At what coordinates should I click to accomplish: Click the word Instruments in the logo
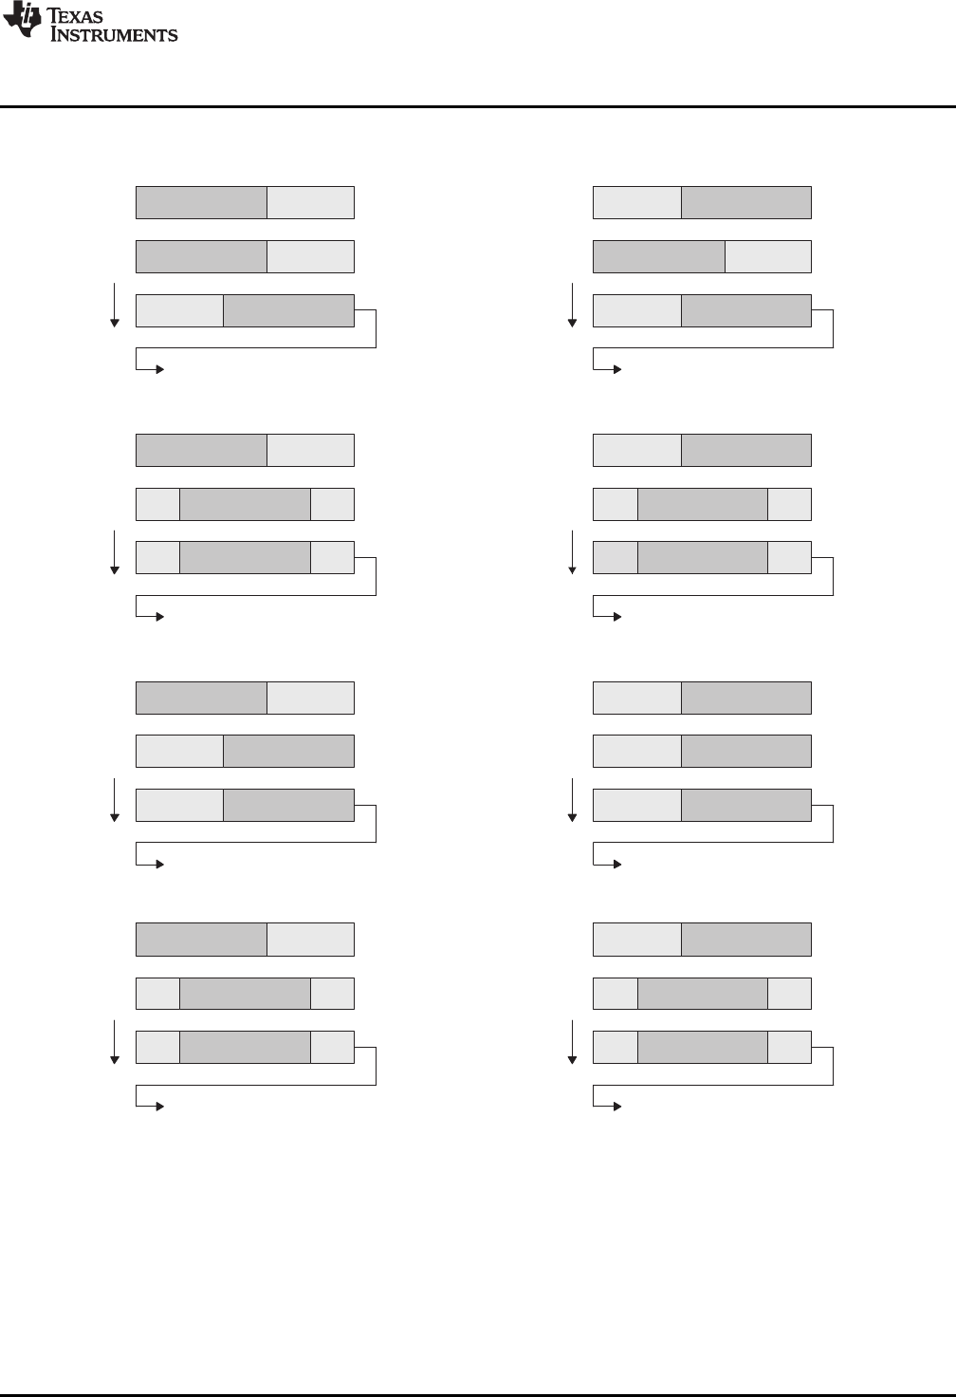(x=114, y=35)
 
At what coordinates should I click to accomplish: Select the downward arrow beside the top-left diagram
(x=115, y=304)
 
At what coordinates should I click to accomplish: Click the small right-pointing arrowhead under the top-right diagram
(x=616, y=369)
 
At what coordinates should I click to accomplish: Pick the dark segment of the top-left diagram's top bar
(x=201, y=203)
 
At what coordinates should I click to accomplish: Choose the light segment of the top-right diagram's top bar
(x=636, y=203)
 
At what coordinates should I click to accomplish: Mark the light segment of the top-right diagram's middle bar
(x=768, y=257)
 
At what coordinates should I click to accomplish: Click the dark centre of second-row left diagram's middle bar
(x=245, y=504)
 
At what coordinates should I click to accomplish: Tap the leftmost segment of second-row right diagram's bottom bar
(x=615, y=558)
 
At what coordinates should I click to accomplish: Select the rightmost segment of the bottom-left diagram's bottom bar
(x=332, y=1047)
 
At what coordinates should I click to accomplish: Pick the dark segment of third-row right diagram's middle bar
(x=746, y=751)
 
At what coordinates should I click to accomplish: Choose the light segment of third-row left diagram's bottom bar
(x=180, y=805)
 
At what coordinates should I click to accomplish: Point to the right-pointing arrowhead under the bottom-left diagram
(x=159, y=1107)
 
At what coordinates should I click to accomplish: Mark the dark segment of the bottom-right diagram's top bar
(x=746, y=940)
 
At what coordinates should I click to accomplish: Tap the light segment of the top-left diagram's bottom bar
(x=180, y=310)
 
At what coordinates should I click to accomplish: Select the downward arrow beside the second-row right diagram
(x=572, y=551)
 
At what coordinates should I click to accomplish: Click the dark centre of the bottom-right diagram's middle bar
(x=703, y=994)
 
